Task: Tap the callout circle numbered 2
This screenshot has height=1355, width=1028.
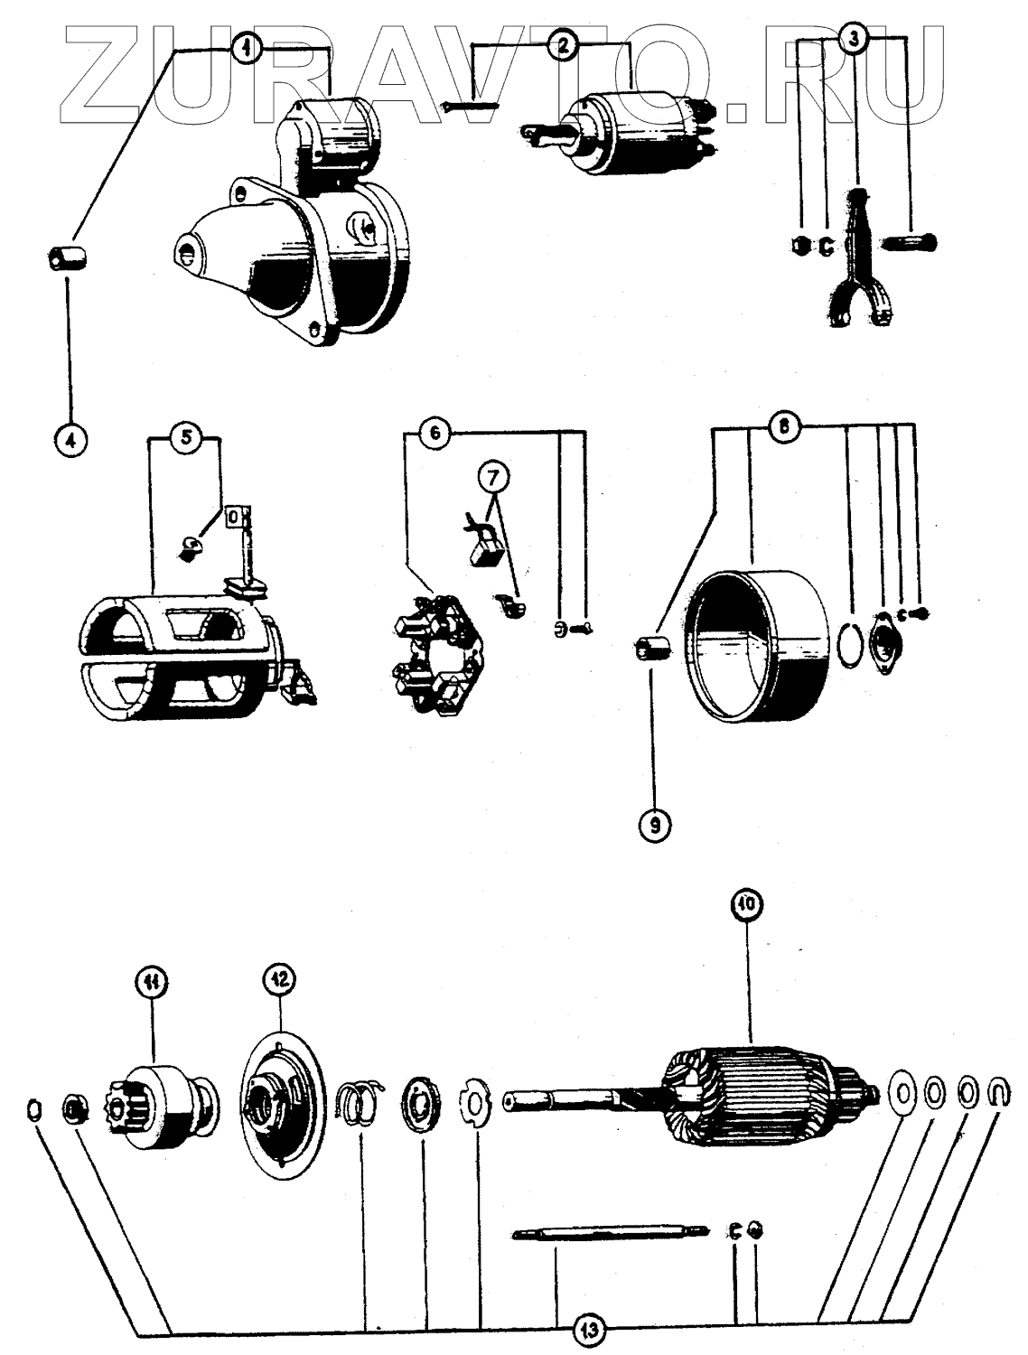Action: tap(564, 44)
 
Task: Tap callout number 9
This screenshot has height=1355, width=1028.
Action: tap(655, 824)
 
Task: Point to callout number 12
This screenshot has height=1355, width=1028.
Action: tap(279, 977)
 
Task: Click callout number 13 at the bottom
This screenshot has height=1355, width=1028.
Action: tap(591, 1329)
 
